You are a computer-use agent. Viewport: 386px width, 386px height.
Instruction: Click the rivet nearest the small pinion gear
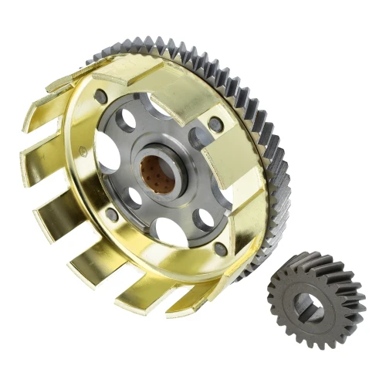click(221, 249)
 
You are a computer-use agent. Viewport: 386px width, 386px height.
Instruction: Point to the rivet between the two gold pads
click(215, 124)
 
